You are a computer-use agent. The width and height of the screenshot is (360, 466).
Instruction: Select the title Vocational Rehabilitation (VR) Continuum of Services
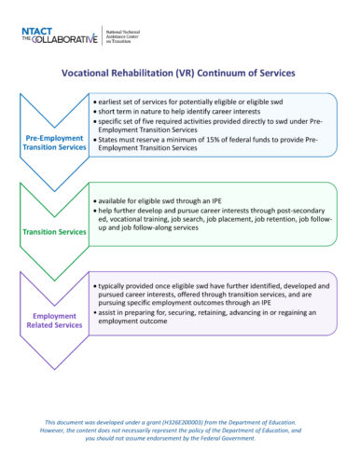[x=178, y=72]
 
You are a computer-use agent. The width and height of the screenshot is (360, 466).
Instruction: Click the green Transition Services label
[x=53, y=232]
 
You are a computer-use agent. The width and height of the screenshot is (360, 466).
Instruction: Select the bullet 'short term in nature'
[x=182, y=110]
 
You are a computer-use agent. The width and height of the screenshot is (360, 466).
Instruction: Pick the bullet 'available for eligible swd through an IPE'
[x=163, y=200]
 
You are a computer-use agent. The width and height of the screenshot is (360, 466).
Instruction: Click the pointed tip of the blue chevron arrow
[x=53, y=184]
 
